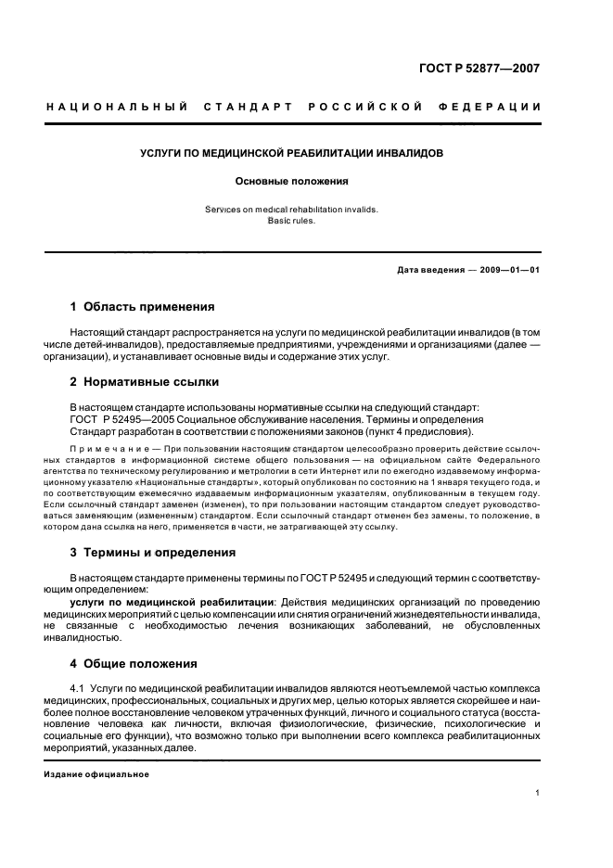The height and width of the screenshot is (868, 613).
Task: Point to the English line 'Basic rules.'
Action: pyautogui.click(x=291, y=221)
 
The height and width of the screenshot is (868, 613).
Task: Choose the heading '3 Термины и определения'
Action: pyautogui.click(x=153, y=553)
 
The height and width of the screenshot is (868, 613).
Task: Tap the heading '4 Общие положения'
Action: pyautogui.click(x=134, y=663)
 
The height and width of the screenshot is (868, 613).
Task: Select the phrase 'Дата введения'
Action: pyautogui.click(x=428, y=269)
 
